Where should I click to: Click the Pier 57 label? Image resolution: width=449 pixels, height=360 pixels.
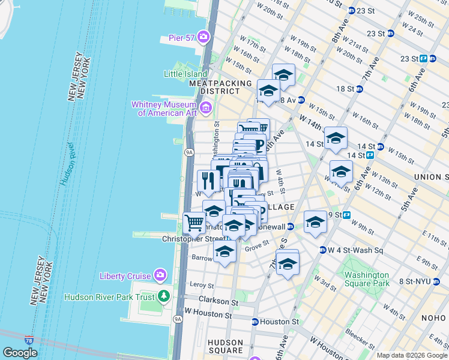point(182,37)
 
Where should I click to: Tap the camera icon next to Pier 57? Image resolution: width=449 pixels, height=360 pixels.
point(203,37)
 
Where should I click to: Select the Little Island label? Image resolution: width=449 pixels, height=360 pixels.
point(185,74)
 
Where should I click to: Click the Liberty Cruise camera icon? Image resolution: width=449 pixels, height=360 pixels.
point(160,275)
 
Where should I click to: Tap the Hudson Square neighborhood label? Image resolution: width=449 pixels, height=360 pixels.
point(226,346)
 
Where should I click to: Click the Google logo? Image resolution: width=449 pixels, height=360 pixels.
point(20,353)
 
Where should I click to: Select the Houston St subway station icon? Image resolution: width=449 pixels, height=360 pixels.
point(255,322)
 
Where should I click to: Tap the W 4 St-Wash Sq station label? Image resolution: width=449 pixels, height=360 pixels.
point(357,250)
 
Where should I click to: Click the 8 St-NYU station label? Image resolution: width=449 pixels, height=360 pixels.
point(421,281)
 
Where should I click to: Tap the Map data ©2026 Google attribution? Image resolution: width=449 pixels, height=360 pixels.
point(412,355)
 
